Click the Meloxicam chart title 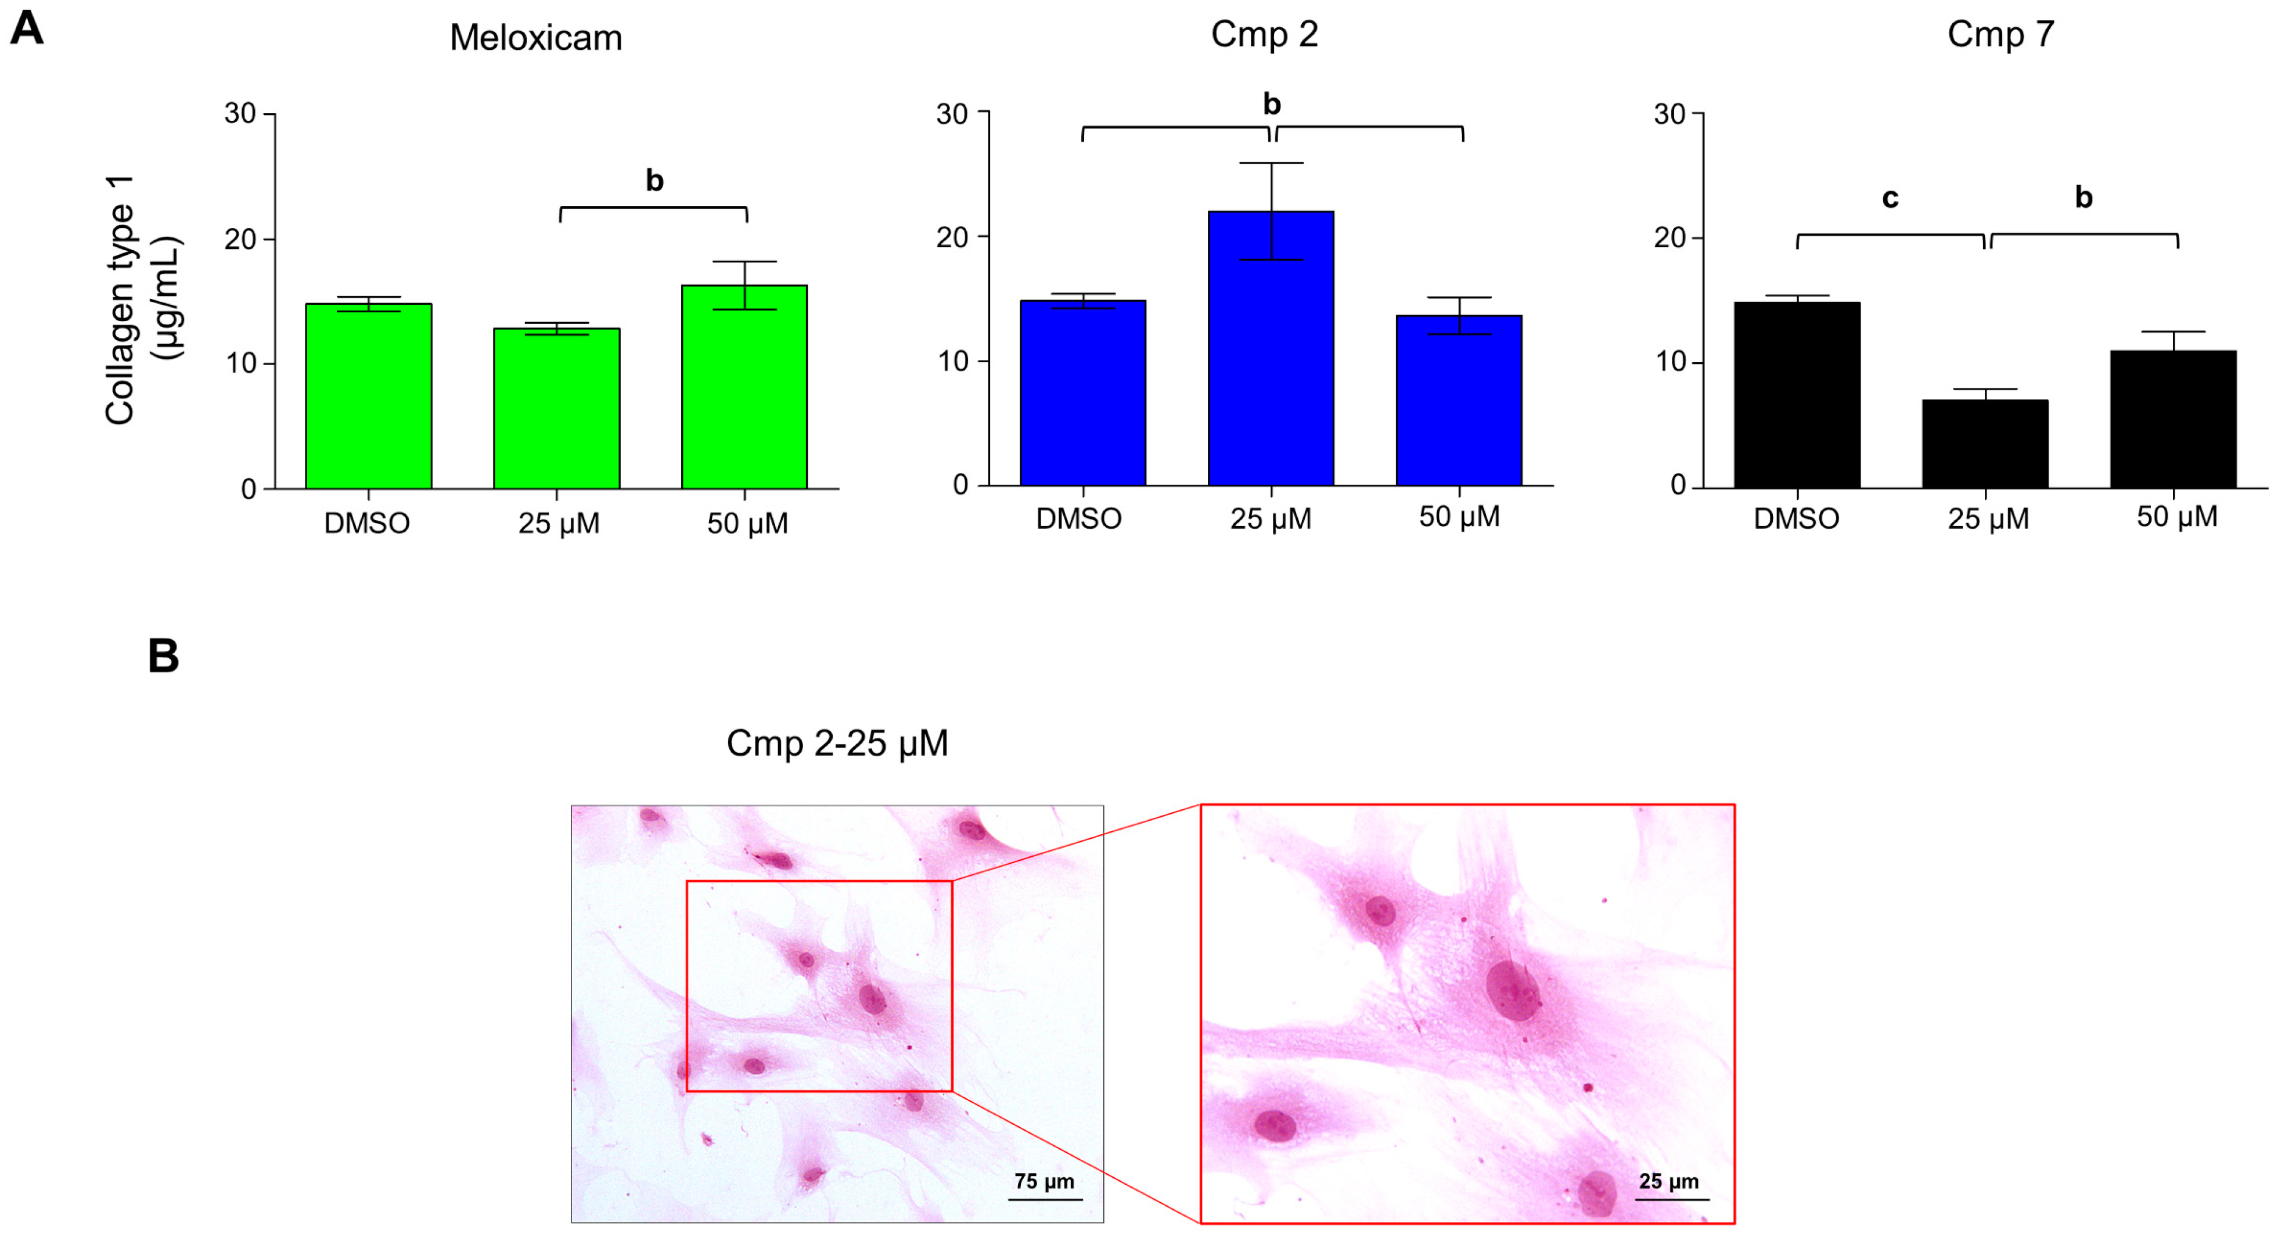click(x=536, y=38)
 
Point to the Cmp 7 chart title click(x=2000, y=35)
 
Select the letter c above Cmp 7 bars click(x=1890, y=198)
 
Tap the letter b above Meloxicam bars click(x=654, y=181)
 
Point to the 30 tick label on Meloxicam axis click(x=239, y=114)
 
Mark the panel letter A click(x=27, y=28)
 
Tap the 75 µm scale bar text click(x=1044, y=1181)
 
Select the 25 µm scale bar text click(x=1668, y=1181)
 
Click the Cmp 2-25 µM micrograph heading click(x=836, y=743)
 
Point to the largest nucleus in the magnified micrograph click(x=1512, y=990)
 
